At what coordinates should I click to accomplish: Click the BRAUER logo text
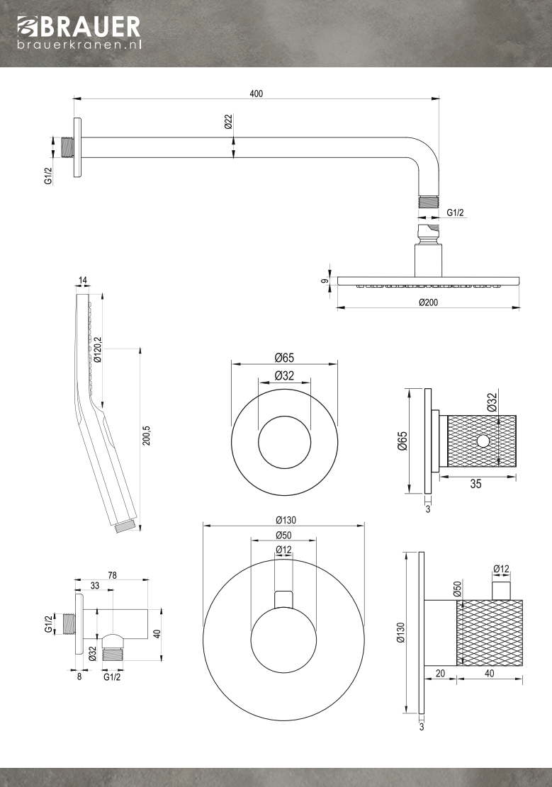pos(88,27)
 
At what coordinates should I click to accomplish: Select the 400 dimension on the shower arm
pos(256,94)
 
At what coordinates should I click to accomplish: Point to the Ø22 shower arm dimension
pos(228,122)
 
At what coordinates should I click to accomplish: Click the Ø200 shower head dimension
pos(428,302)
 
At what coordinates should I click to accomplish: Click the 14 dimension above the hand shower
pos(83,281)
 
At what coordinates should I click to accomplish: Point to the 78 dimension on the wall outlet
pos(112,574)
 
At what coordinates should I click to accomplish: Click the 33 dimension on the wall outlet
pos(95,585)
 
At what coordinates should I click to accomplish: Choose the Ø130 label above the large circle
pos(284,519)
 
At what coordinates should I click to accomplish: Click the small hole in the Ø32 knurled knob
pos(483,441)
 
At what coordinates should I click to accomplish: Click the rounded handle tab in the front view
pos(283,599)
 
